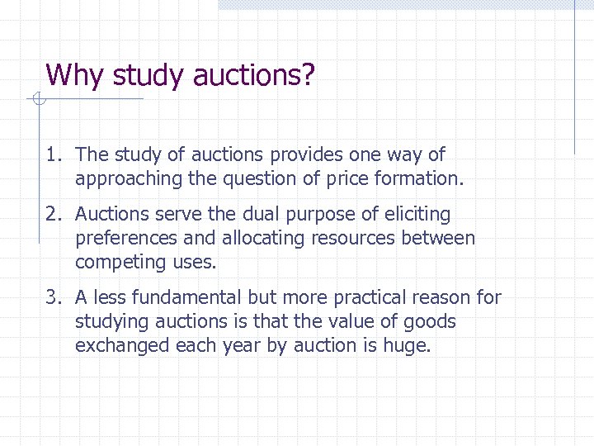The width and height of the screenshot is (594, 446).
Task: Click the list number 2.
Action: [x=52, y=215]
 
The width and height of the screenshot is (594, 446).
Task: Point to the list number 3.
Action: [x=52, y=297]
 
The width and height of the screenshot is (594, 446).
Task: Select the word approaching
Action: [x=124, y=178]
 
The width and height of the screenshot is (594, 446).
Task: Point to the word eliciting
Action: [x=417, y=215]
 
